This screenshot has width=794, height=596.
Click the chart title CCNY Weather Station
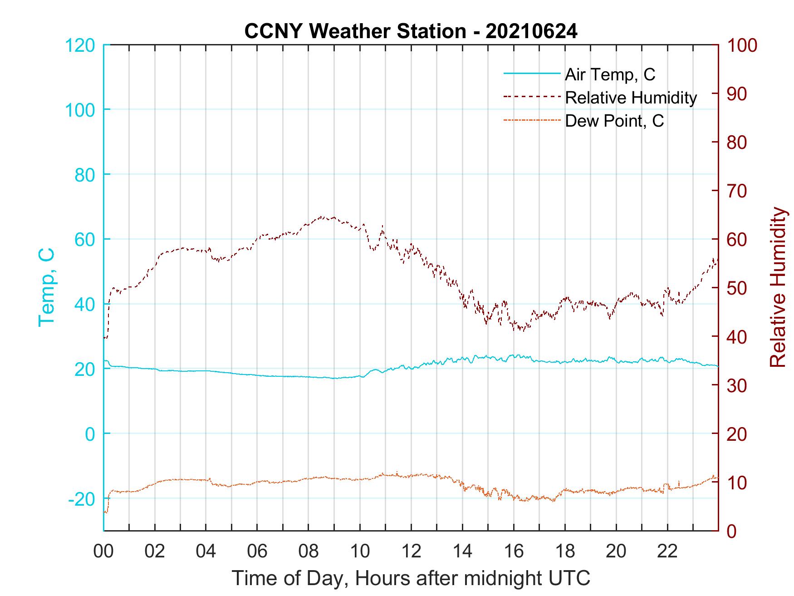tap(355, 31)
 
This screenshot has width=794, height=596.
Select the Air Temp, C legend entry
tap(610, 74)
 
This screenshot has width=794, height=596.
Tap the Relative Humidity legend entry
tap(631, 98)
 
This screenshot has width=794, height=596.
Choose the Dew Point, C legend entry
tap(614, 121)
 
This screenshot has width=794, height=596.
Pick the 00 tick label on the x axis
tap(103, 552)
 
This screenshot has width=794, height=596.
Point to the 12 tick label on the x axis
tap(411, 552)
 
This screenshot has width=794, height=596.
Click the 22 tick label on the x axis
tap(667, 552)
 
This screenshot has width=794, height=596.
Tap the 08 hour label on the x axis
tap(309, 552)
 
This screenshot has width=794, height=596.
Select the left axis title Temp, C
tap(46, 287)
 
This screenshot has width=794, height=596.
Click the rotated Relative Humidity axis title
tap(778, 287)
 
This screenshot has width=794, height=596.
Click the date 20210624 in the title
tap(531, 31)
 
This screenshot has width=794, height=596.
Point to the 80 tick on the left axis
tap(84, 175)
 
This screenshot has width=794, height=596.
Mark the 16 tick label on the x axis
tap(514, 552)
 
